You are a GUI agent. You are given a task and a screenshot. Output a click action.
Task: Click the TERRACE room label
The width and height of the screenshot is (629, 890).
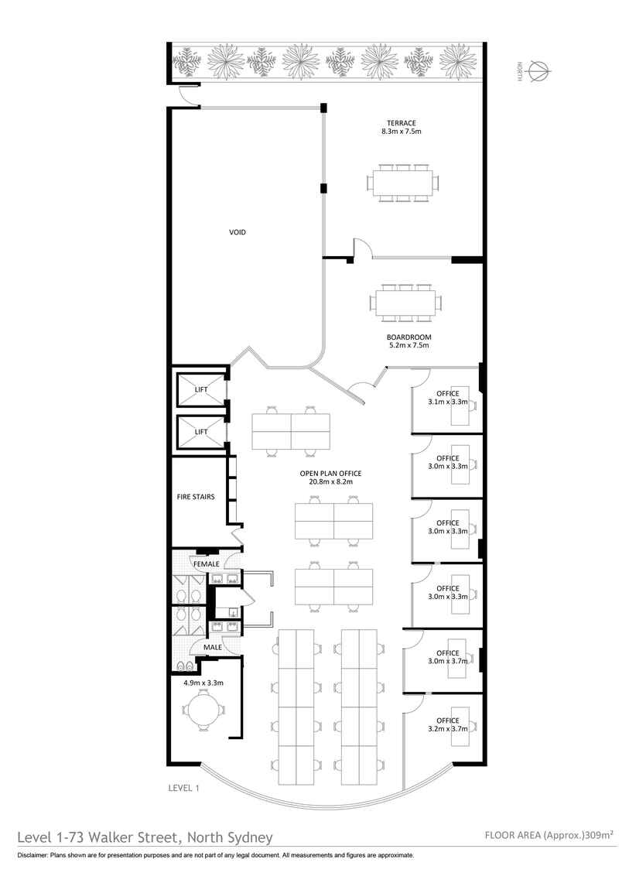click(x=401, y=122)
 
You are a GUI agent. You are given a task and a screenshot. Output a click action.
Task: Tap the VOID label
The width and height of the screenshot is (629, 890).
click(x=237, y=232)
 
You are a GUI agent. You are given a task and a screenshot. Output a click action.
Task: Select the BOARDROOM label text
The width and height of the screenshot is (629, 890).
click(x=409, y=337)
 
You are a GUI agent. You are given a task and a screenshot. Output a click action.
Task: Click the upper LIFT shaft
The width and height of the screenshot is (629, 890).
click(x=201, y=389)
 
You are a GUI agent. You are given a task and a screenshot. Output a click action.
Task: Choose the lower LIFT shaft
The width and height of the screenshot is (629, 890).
click(x=201, y=431)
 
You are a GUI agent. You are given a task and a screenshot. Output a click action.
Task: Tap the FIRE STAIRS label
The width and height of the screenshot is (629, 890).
click(x=196, y=497)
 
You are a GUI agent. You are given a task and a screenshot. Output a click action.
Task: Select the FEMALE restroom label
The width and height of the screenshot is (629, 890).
click(x=207, y=564)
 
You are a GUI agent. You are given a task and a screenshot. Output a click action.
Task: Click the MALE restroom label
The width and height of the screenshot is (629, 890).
click(x=213, y=647)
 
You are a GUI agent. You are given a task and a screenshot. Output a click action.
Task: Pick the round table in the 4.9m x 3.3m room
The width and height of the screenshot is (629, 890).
click(x=203, y=710)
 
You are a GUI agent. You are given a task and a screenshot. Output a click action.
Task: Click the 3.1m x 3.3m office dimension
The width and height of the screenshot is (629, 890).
click(x=447, y=402)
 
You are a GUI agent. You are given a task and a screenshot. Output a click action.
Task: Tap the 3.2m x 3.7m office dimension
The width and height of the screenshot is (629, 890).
click(x=447, y=729)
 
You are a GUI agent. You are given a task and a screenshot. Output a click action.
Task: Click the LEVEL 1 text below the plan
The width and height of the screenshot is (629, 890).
click(x=184, y=788)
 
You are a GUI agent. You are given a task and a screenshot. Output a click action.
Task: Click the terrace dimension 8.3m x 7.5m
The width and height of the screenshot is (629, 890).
click(x=401, y=131)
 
